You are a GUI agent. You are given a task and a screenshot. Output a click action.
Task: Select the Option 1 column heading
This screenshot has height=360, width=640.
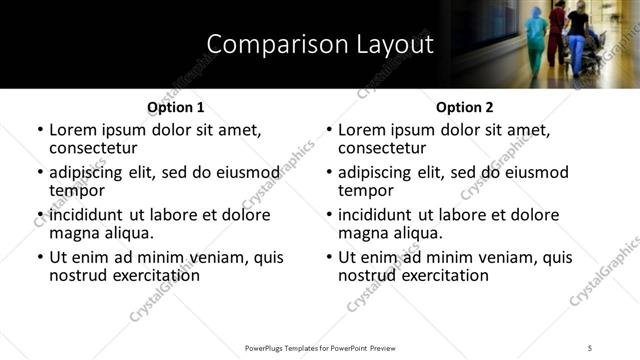pyautogui.click(x=175, y=107)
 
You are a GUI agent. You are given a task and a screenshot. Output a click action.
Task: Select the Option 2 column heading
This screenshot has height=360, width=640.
pyautogui.click(x=465, y=107)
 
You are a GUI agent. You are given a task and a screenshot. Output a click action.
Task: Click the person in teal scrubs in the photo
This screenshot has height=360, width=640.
pyautogui.click(x=537, y=40)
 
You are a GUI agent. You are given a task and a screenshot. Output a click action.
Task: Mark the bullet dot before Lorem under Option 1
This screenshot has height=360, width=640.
pyautogui.click(x=40, y=130)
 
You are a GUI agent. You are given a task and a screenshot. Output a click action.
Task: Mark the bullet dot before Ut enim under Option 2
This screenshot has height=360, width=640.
pyautogui.click(x=329, y=258)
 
